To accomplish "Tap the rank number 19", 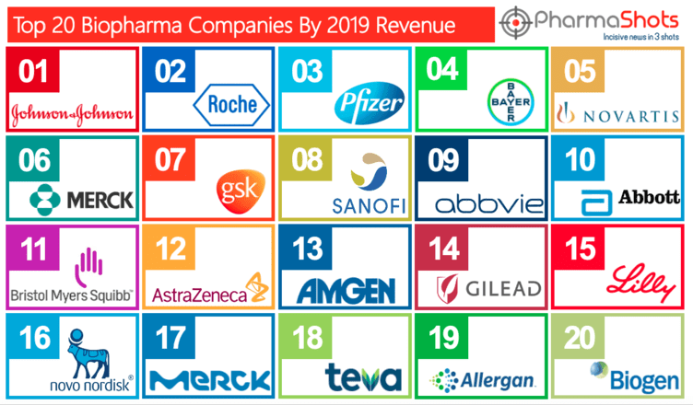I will [447, 338].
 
